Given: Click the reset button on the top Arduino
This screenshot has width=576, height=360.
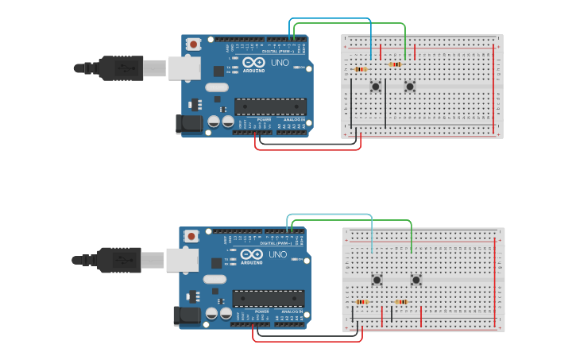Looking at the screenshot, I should [x=192, y=45].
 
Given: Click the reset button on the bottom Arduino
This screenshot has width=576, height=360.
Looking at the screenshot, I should [x=191, y=236].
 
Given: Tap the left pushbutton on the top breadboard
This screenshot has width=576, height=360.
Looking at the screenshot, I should [x=375, y=86].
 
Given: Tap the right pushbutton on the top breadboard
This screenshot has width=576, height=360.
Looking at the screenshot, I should [x=410, y=86].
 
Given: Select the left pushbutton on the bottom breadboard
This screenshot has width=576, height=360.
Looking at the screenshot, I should [x=377, y=279].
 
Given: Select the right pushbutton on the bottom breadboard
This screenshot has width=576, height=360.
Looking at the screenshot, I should [x=416, y=279].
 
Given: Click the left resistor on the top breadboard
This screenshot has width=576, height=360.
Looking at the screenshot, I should [x=360, y=69].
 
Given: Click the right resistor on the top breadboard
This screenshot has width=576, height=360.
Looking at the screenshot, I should [x=395, y=64].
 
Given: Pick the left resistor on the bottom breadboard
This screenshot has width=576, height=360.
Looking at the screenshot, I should [x=362, y=302].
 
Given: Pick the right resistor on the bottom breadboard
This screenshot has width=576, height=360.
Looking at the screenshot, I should [x=401, y=302].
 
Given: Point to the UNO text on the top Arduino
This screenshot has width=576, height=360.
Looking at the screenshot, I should [x=280, y=62].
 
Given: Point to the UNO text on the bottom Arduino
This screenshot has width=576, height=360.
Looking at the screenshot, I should [x=277, y=254].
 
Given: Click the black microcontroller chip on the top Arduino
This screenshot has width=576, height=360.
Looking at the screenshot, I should [x=270, y=106].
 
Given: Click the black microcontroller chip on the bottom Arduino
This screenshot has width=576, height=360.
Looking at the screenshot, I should [x=268, y=299].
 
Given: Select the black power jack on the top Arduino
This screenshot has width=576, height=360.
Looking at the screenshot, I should [x=190, y=123].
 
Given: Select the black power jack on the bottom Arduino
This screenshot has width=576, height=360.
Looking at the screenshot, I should [x=187, y=315].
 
